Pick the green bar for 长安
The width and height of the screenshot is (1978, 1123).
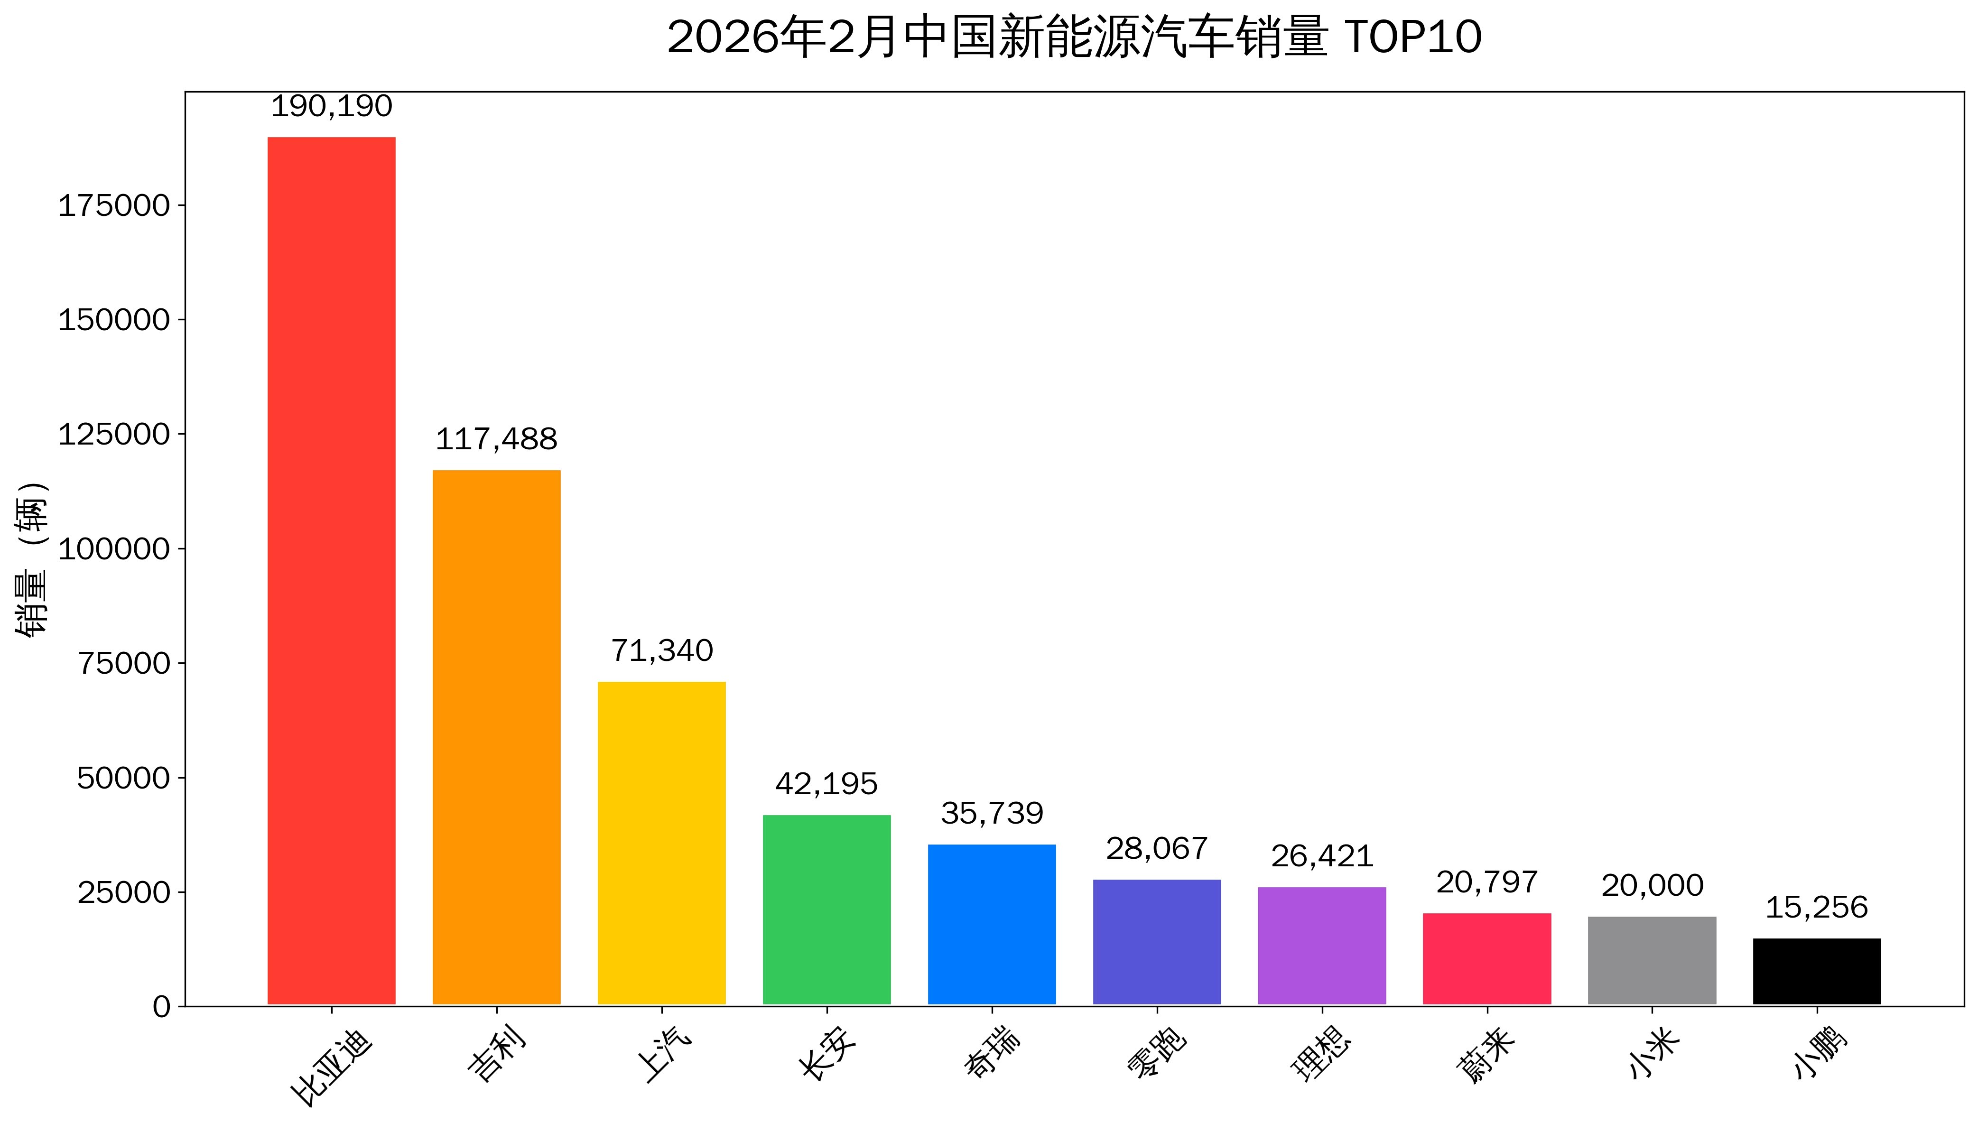826,910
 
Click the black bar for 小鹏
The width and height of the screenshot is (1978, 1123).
1816,971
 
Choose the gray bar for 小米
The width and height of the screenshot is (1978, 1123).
1651,960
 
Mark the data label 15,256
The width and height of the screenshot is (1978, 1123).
1816,908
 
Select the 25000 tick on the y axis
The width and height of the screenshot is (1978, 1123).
123,892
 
